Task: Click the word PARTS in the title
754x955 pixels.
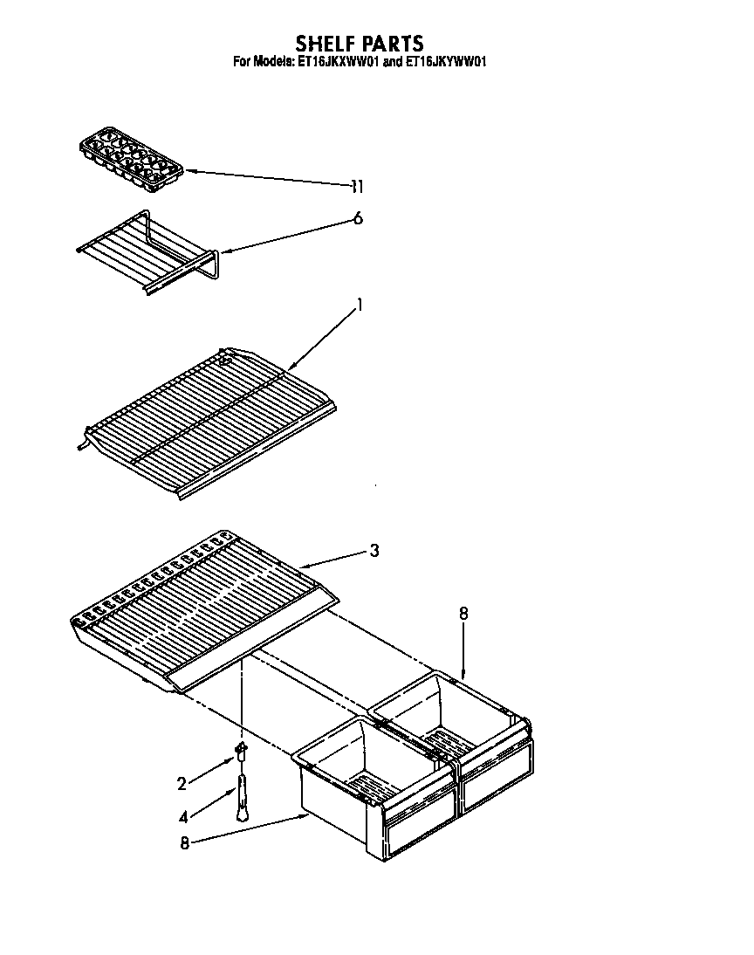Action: coord(394,44)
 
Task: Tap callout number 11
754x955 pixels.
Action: coord(356,186)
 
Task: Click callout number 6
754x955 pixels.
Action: coord(357,219)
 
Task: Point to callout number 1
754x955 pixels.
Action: coord(359,306)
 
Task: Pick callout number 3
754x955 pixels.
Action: coord(374,550)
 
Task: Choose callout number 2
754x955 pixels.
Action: coord(182,784)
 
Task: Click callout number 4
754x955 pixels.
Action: coord(182,818)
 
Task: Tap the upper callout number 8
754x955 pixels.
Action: coord(463,614)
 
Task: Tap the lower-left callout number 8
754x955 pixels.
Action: coord(185,842)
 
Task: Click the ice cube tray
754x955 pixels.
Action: coord(131,161)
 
